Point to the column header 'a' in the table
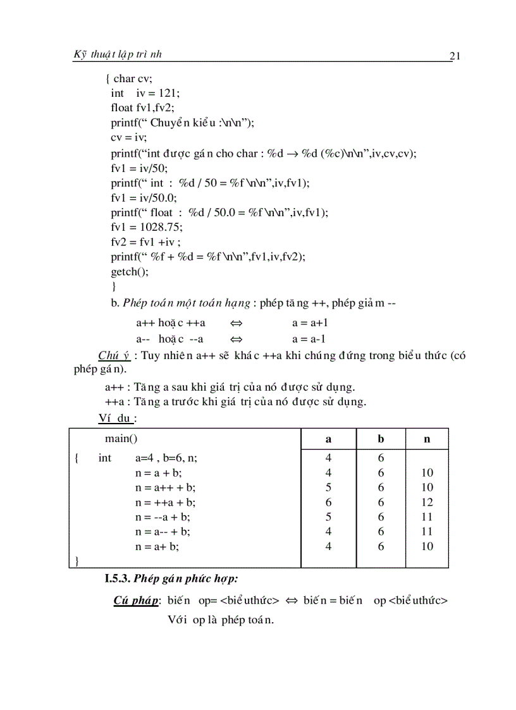(x=328, y=439)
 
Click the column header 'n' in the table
(x=427, y=439)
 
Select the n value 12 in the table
(x=427, y=502)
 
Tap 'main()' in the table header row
(x=121, y=438)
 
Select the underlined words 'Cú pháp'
(x=136, y=601)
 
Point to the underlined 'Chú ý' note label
(x=114, y=355)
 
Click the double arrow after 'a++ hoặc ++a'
(x=236, y=323)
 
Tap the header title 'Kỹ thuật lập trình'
(x=119, y=54)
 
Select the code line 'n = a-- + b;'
(x=163, y=532)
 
